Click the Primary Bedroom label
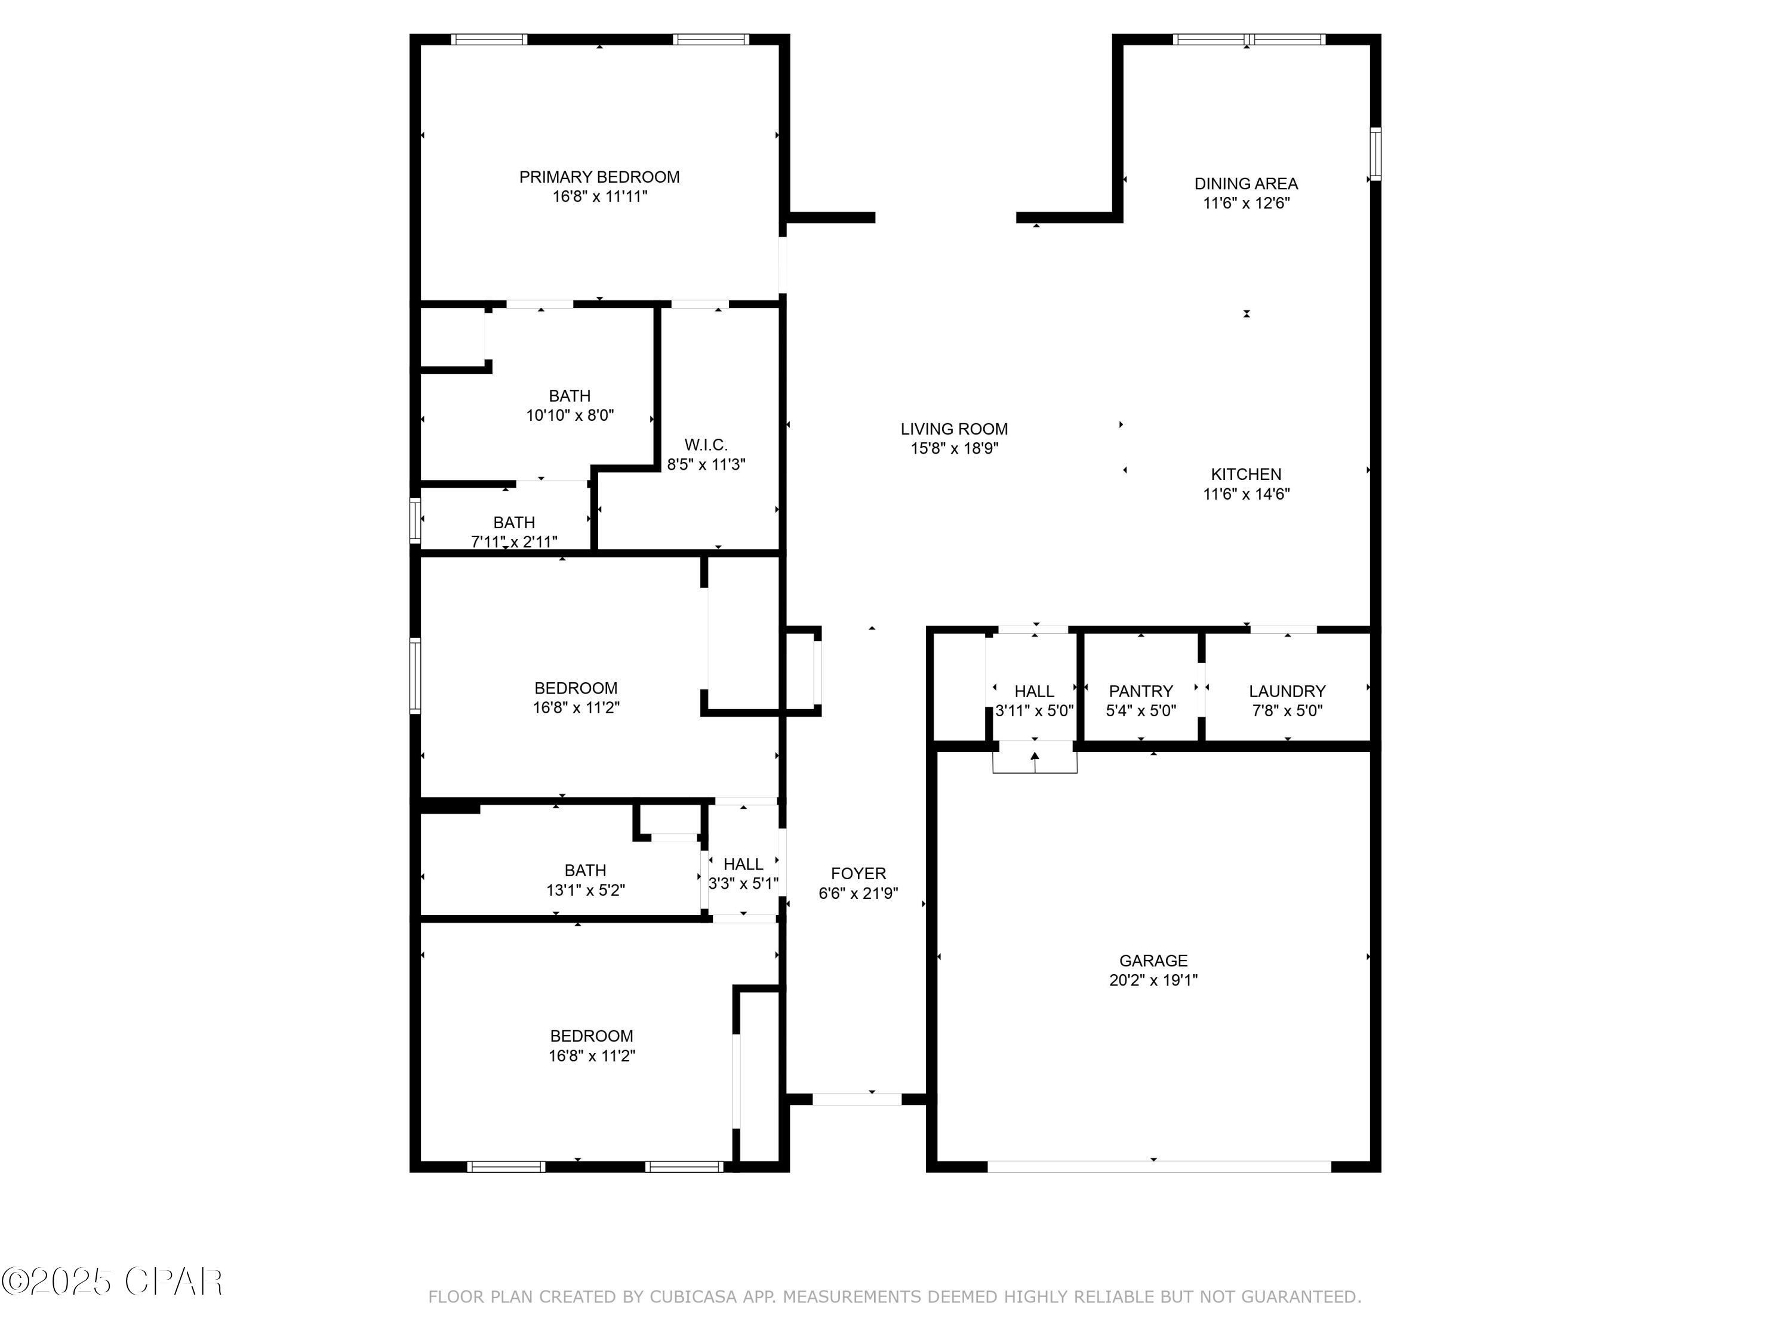(x=599, y=177)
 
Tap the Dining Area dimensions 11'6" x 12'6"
(x=1246, y=203)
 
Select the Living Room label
(x=954, y=429)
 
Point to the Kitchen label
(x=1246, y=475)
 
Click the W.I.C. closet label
(x=706, y=445)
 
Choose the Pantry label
(x=1141, y=691)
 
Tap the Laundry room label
(x=1287, y=691)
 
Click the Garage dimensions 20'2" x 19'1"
(x=1153, y=980)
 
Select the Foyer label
(x=858, y=873)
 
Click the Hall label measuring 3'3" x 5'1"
(x=743, y=864)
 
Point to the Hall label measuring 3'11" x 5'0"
(x=1034, y=691)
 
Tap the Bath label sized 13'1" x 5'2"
(x=584, y=870)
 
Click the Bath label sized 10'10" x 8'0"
(x=569, y=396)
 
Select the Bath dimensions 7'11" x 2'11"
(x=514, y=541)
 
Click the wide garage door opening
(x=1159, y=1166)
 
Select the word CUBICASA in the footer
(x=693, y=1297)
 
